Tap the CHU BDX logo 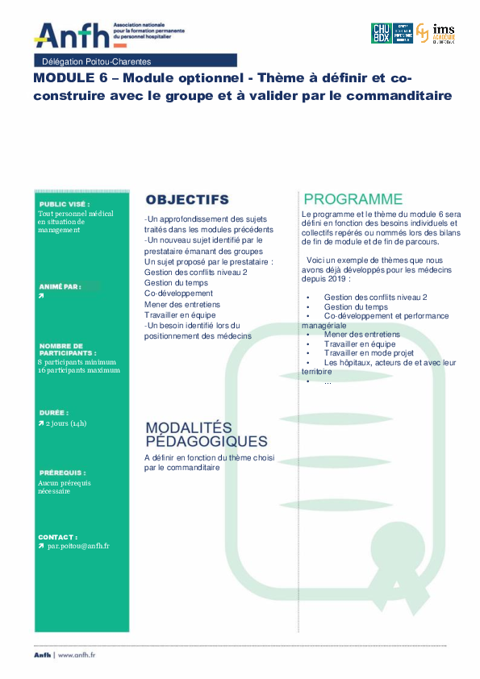coord(381,32)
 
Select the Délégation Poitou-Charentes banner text coord(96,61)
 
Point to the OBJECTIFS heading coord(187,199)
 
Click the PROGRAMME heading coord(353,198)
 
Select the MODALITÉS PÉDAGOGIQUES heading coord(206,435)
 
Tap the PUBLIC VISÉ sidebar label coord(65,204)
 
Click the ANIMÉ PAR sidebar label coord(59,286)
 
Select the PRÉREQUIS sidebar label coord(61,473)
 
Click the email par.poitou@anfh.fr coord(78,546)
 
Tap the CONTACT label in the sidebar coord(58,536)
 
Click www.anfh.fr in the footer coord(77,656)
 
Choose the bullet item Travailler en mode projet coord(369,353)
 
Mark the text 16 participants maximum coord(79,370)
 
